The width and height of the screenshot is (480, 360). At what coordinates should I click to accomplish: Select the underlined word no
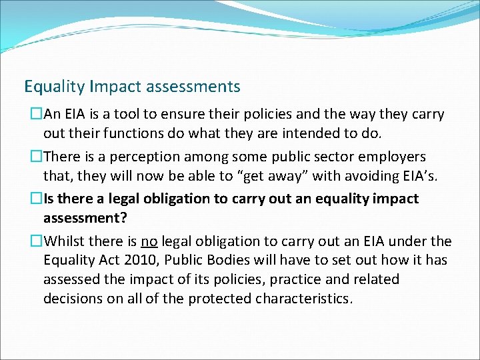[x=148, y=241]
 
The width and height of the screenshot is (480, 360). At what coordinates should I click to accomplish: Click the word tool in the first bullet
[x=133, y=115]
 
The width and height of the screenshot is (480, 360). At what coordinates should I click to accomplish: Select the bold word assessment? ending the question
[x=85, y=217]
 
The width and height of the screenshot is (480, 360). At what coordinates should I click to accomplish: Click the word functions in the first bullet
[x=109, y=133]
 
